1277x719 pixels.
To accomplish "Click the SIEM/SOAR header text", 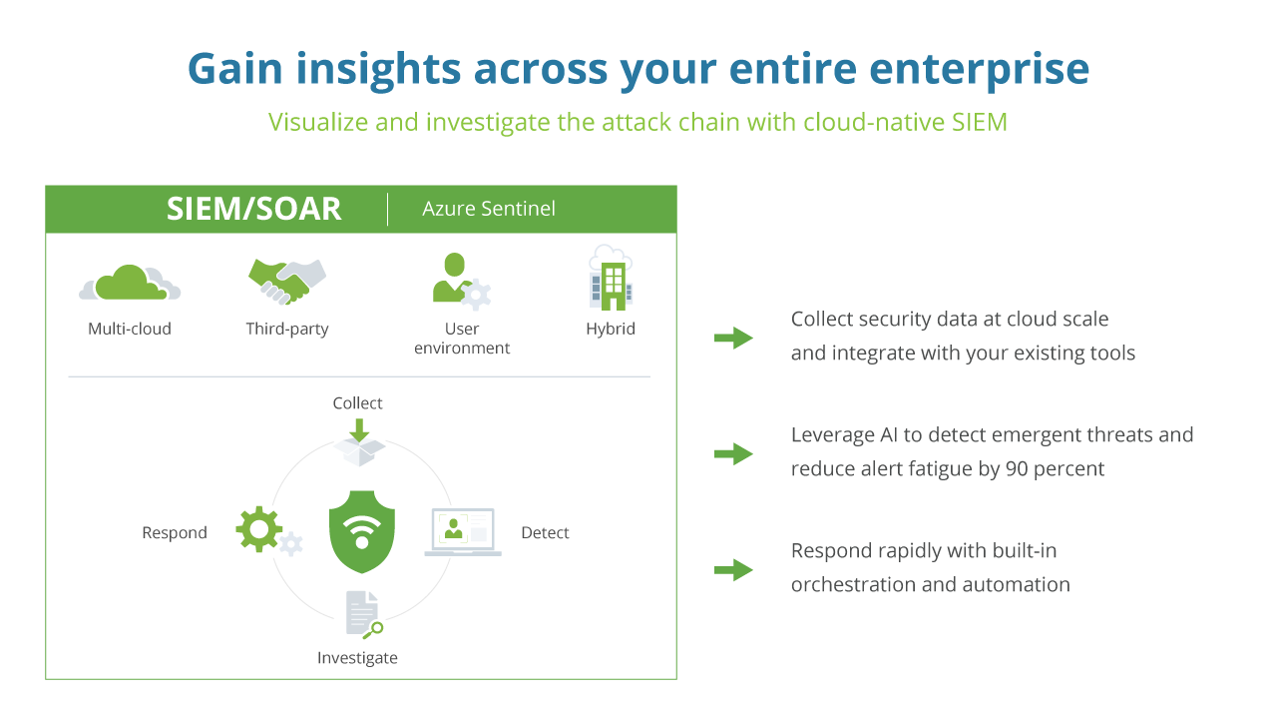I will pyautogui.click(x=253, y=209).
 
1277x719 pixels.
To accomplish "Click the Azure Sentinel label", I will pyautogui.click(x=489, y=209).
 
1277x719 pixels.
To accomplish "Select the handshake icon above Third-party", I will pyautogui.click(x=286, y=281).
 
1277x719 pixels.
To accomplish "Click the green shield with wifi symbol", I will pyautogui.click(x=362, y=531).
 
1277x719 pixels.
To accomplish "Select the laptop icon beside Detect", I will pyautogui.click(x=462, y=531).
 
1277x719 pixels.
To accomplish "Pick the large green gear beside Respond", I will pyautogui.click(x=259, y=529).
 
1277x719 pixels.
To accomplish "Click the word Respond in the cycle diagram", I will pyautogui.click(x=175, y=533).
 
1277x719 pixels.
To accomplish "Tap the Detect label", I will pyautogui.click(x=545, y=533).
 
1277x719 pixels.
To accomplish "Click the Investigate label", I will pyautogui.click(x=357, y=658).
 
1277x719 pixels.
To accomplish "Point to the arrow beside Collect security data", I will pyautogui.click(x=733, y=338).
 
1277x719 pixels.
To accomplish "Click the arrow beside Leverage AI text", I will pyautogui.click(x=733, y=454).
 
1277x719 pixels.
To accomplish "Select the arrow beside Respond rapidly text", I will pyautogui.click(x=733, y=570).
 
